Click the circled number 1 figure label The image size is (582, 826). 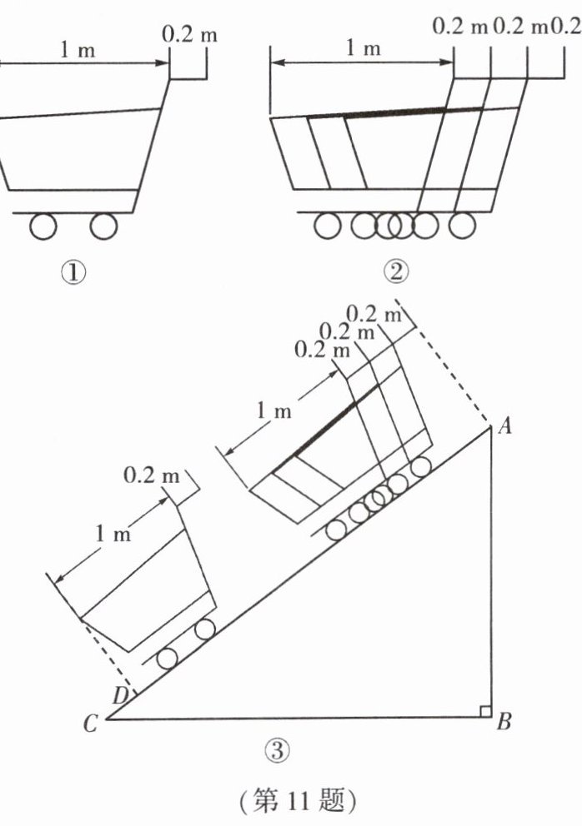73,272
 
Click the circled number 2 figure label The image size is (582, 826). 396,271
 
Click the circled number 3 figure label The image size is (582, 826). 278,749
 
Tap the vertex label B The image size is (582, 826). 504,720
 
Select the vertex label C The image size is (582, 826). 90,724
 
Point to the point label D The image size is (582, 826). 121,696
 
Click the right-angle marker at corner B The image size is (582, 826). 485,711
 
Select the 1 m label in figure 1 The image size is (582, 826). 78,51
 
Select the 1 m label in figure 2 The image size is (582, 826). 363,48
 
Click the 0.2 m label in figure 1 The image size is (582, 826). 189,35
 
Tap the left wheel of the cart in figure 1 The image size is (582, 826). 43,226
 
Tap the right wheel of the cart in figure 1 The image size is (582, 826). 103,226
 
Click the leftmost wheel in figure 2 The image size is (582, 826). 328,226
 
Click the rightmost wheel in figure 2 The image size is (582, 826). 463,226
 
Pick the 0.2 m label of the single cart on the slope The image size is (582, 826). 152,475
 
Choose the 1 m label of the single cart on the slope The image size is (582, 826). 113,535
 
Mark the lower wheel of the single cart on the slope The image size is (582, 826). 168,659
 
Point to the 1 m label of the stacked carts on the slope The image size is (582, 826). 273,411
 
